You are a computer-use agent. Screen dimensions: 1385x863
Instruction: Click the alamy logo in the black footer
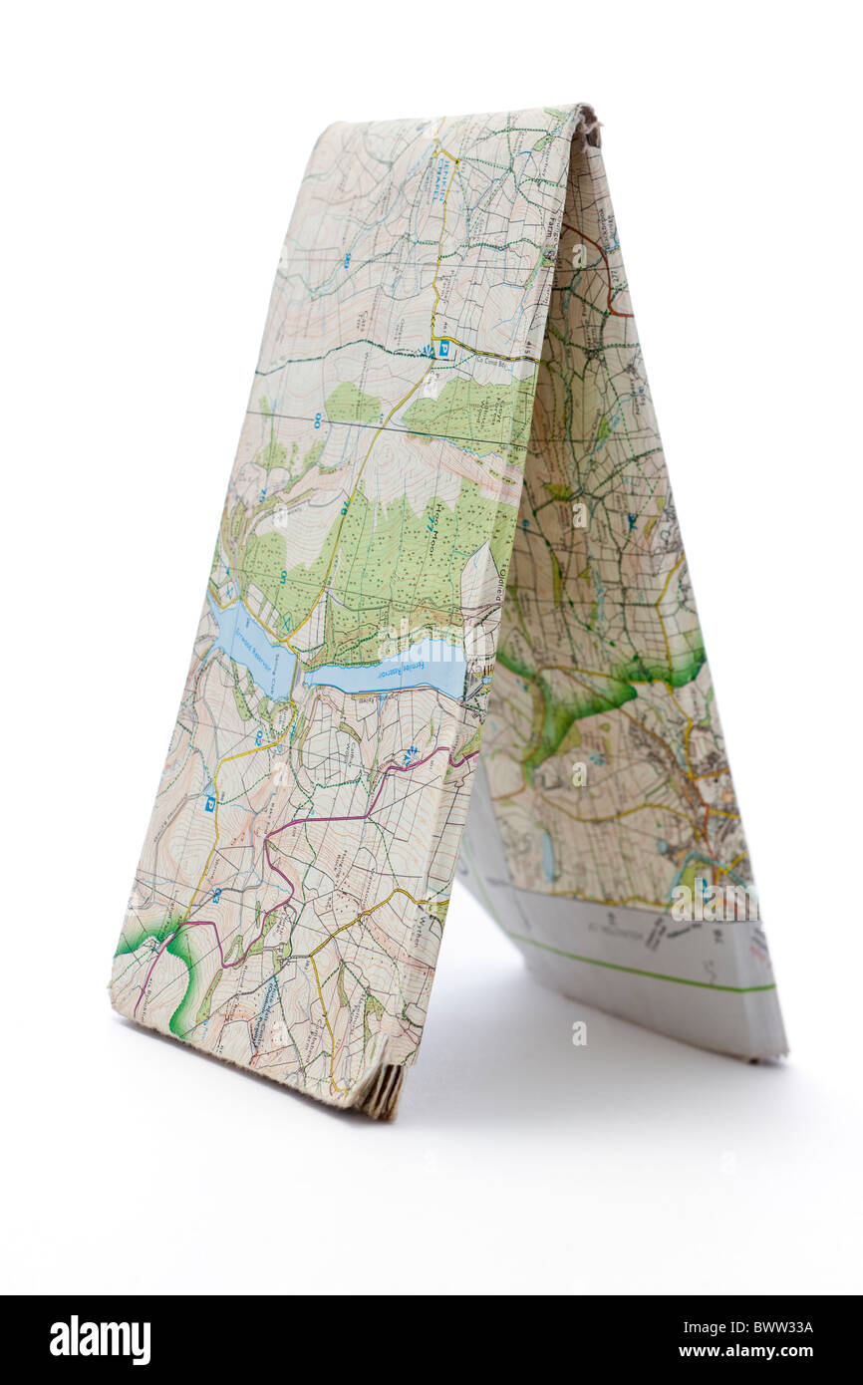pyautogui.click(x=100, y=1340)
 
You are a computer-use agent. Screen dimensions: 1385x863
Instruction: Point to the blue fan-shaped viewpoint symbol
pyautogui.click(x=429, y=349)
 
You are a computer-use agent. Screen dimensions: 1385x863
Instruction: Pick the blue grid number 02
pyautogui.click(x=259, y=737)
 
